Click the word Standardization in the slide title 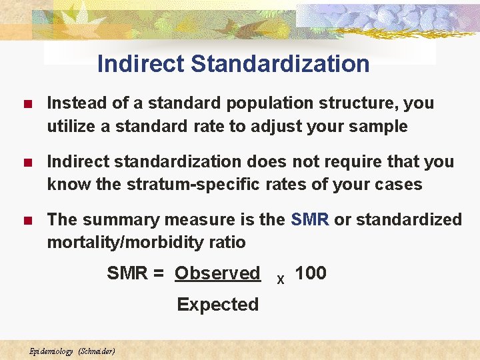pos(280,64)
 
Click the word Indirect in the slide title pos(140,64)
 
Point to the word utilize pos(70,126)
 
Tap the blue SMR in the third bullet pos(310,219)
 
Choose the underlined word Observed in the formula pos(217,273)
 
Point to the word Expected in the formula pos(217,305)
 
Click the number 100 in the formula pos(311,273)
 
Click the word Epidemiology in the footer pos(51,351)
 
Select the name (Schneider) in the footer pos(97,351)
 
